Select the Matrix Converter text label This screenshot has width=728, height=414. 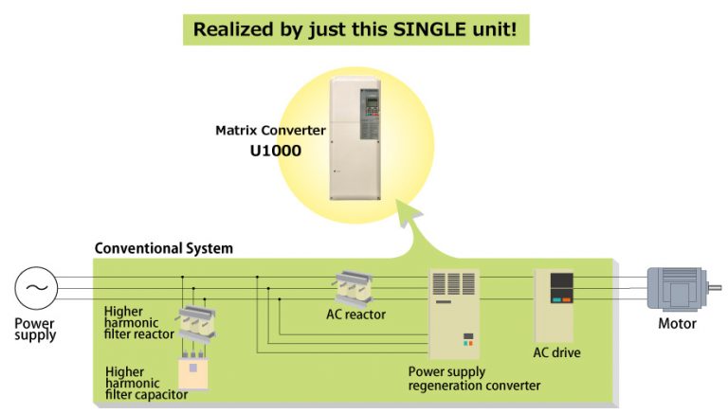point(270,130)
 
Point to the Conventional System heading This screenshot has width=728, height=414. point(163,249)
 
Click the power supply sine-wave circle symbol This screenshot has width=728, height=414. point(36,287)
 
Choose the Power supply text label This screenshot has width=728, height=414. point(35,329)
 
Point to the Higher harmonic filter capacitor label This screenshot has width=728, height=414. point(142,383)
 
